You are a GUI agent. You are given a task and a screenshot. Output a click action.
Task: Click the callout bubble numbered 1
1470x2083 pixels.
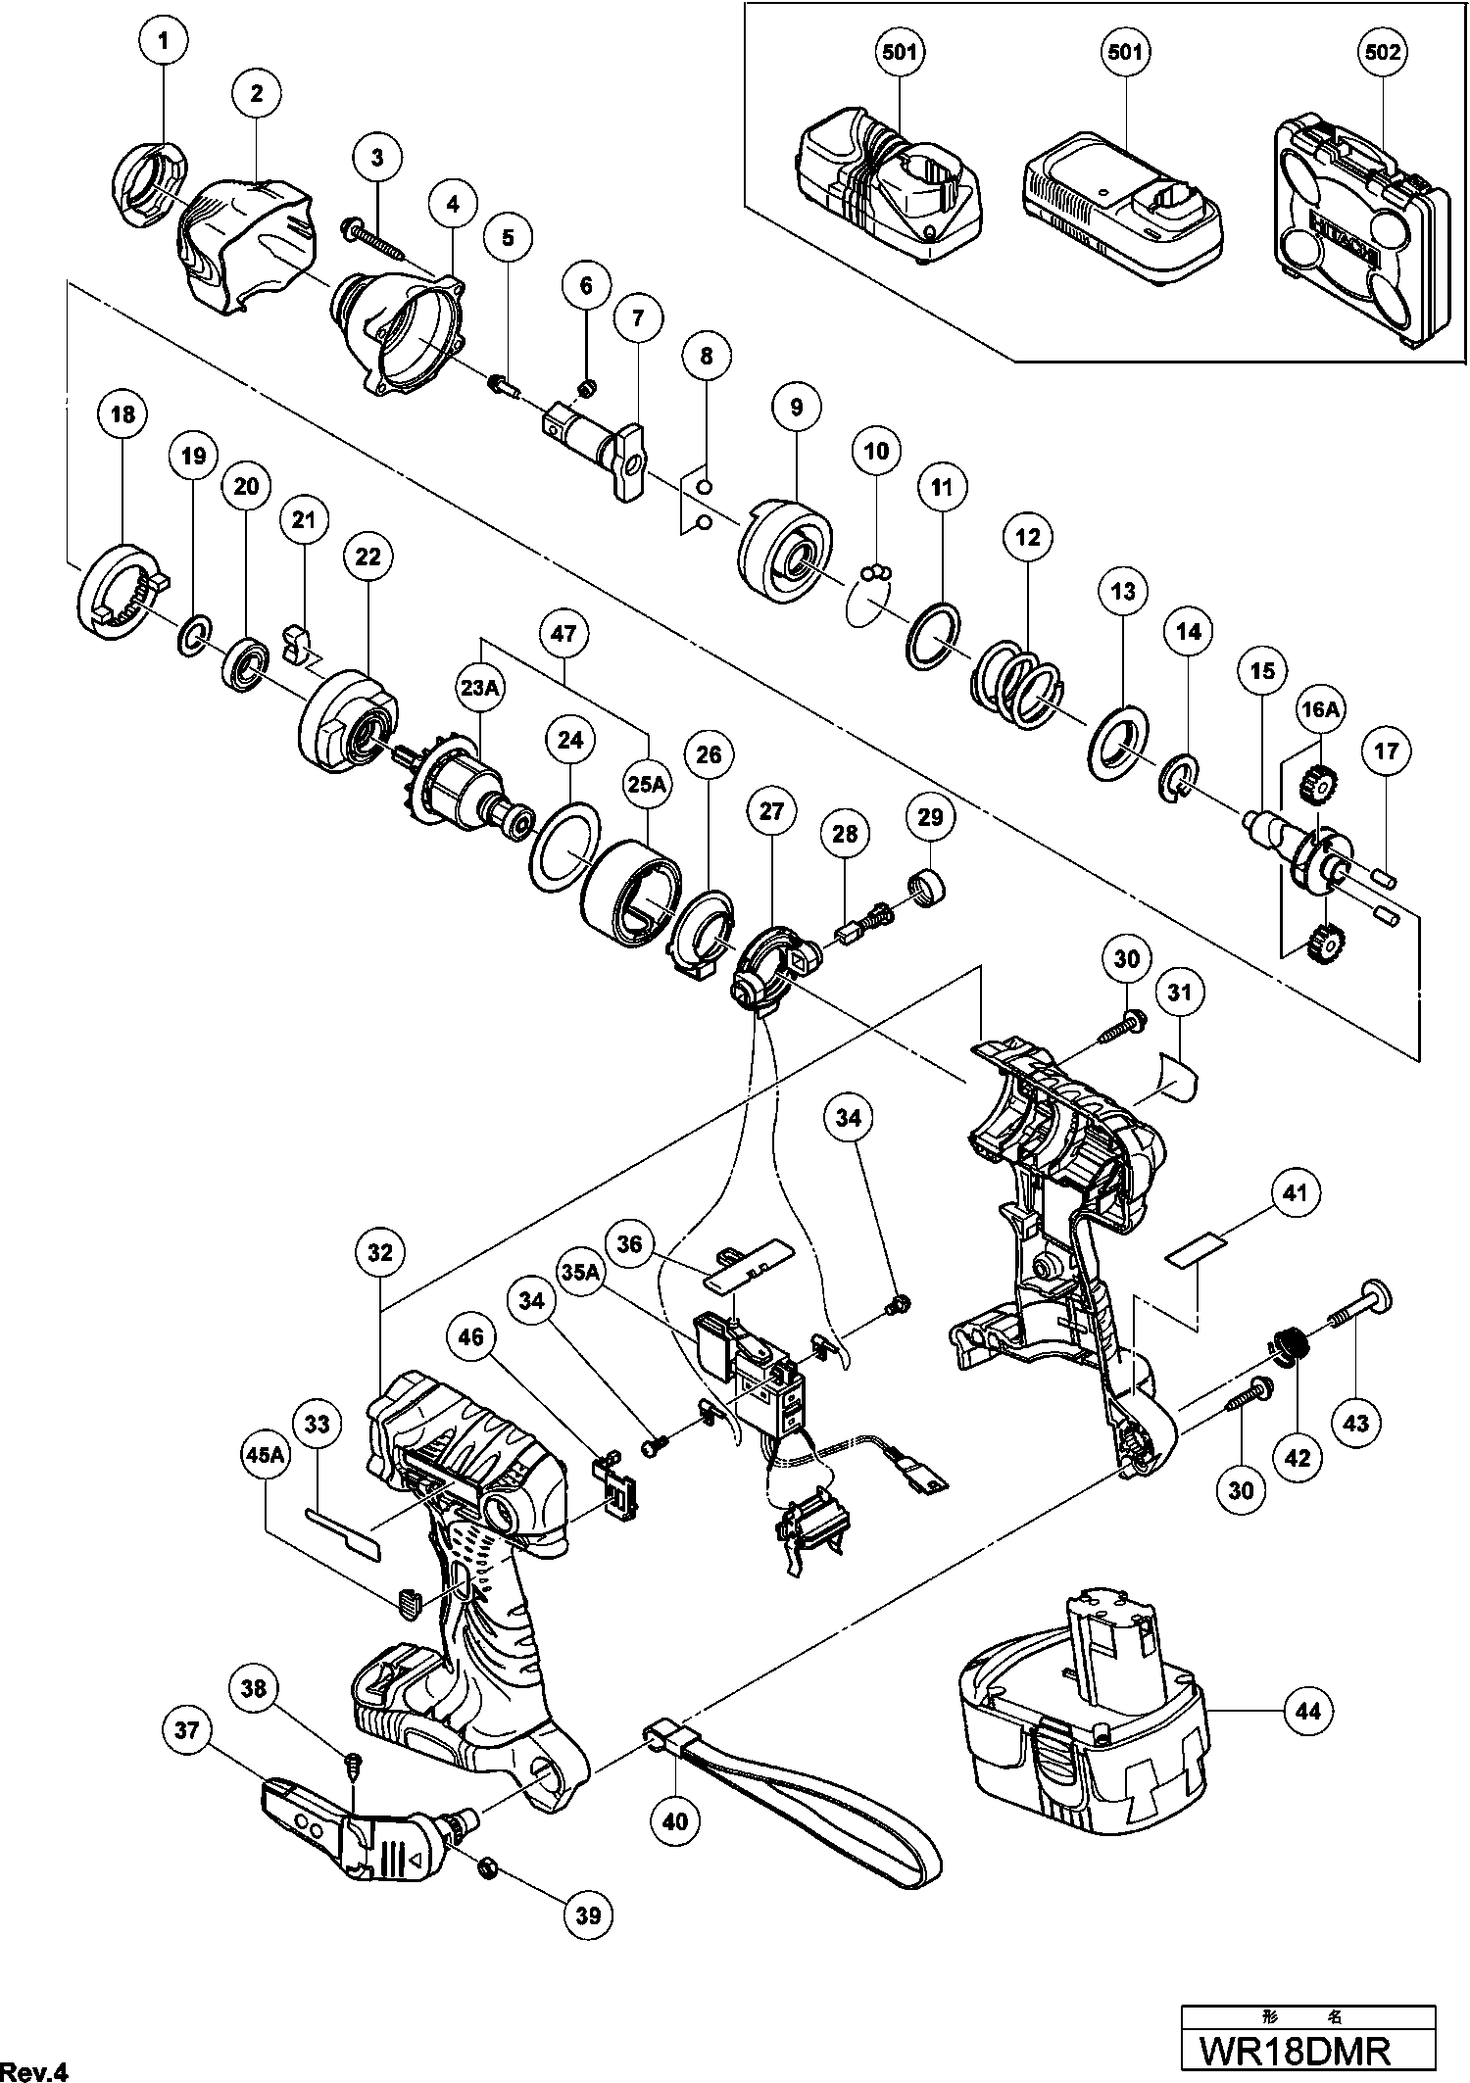pos(163,41)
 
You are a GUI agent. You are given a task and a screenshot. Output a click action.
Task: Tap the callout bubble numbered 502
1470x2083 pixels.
pos(1383,51)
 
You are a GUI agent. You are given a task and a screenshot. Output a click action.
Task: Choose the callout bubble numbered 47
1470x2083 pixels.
pos(563,633)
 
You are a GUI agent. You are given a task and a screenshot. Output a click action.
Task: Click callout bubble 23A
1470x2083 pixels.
pos(480,688)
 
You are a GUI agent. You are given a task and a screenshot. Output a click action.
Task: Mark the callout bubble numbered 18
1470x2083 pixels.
pos(122,414)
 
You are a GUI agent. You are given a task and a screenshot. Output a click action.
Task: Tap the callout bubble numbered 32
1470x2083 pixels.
pos(380,1252)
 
